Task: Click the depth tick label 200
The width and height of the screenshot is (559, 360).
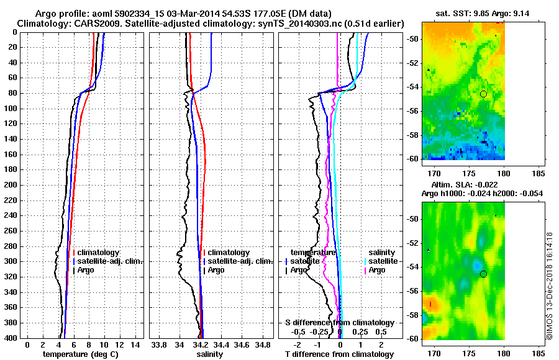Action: click(x=11, y=185)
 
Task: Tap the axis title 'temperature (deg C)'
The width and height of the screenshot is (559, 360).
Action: click(x=80, y=354)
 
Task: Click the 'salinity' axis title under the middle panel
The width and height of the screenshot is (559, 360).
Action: click(x=208, y=354)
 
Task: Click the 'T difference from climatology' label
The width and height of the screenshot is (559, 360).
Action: click(x=339, y=354)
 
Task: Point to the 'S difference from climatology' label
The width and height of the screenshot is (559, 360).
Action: click(x=339, y=323)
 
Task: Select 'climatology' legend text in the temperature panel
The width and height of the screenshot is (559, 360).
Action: click(x=98, y=253)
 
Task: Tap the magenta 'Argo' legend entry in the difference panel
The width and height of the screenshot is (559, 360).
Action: click(x=377, y=270)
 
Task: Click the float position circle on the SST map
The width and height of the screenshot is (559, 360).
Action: click(x=483, y=94)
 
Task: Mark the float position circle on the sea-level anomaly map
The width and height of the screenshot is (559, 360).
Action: click(x=483, y=274)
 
